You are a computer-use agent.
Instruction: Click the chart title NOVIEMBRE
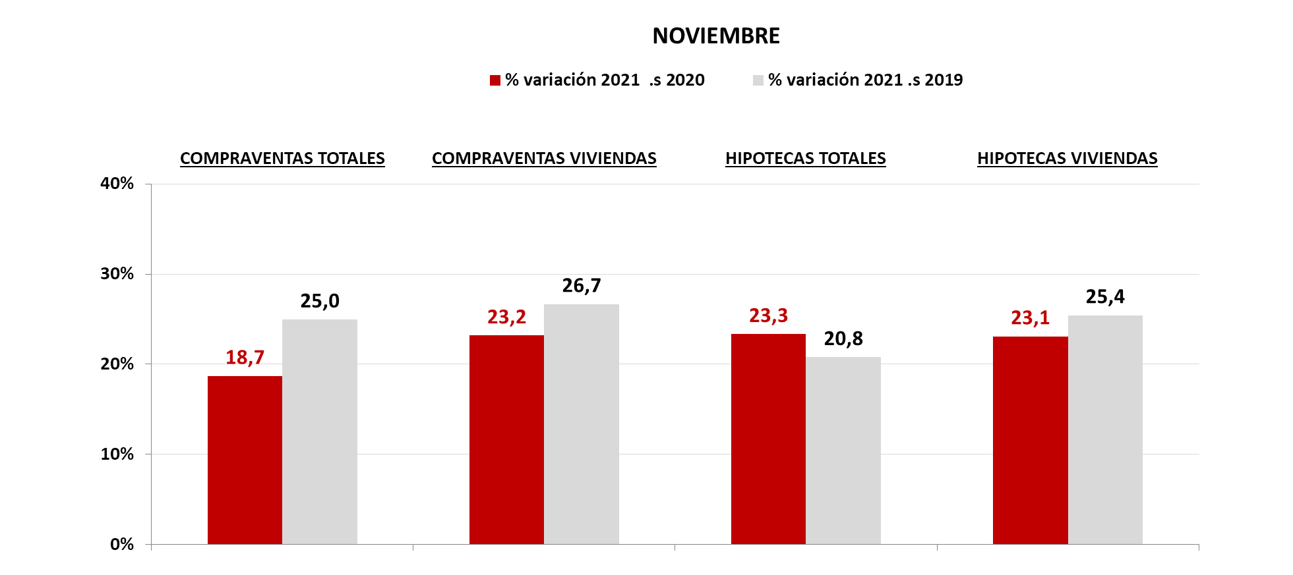coord(716,36)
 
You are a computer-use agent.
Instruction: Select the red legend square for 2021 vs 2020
coord(495,80)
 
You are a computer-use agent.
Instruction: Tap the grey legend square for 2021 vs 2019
coord(758,80)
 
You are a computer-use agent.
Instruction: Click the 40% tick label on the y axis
coord(117,184)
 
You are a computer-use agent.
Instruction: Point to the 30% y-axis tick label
coord(117,274)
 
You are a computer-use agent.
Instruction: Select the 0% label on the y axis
coord(122,544)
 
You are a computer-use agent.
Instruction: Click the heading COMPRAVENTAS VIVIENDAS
coord(544,159)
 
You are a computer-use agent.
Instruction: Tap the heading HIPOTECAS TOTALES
coord(806,159)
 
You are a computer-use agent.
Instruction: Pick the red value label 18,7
coord(245,358)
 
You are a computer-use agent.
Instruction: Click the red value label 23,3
coord(768,316)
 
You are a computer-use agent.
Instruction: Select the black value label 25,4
coord(1105,297)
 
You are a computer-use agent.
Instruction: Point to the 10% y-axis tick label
coord(117,454)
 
